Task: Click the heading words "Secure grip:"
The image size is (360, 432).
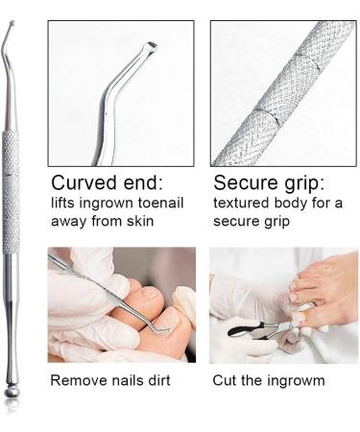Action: coord(270,183)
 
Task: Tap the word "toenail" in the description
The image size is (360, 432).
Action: coord(161,204)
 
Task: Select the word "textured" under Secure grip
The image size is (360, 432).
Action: coord(240,204)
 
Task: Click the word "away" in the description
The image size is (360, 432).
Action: coord(70,224)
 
